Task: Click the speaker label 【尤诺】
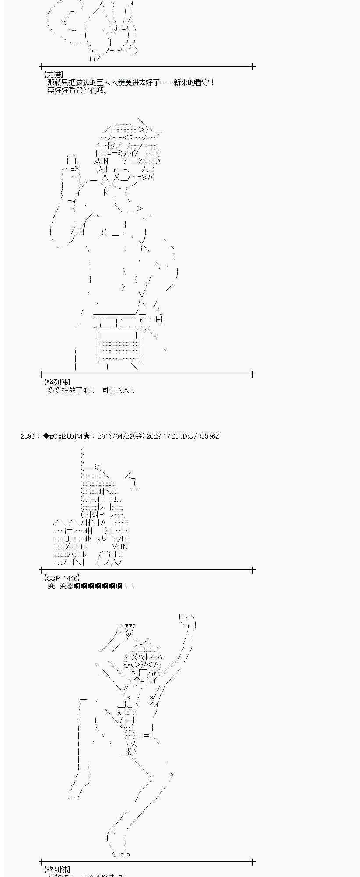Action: tap(52, 75)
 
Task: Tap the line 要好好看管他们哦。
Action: tap(78, 90)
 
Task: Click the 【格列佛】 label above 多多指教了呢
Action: tap(56, 382)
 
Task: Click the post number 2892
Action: tap(28, 436)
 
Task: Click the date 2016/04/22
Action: tap(115, 436)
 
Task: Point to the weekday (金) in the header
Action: tap(139, 436)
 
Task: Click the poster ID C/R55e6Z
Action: tap(203, 436)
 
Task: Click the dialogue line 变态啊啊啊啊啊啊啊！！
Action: tap(91, 586)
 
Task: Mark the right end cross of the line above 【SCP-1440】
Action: tap(253, 570)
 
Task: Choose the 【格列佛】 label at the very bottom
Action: tap(56, 870)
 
